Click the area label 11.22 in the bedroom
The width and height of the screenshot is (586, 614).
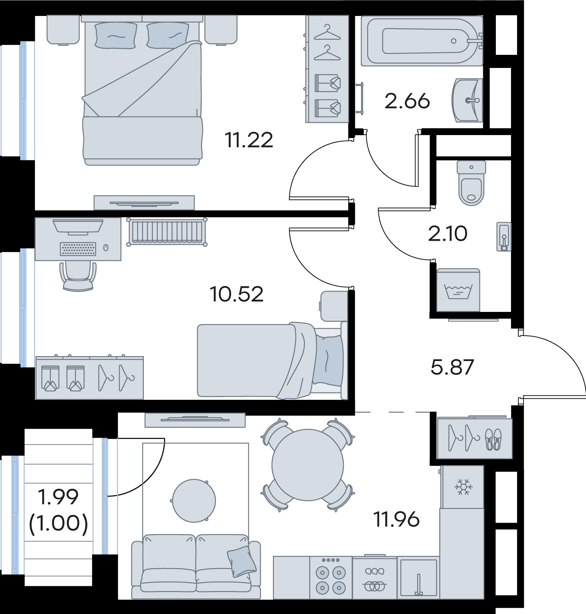tap(249, 140)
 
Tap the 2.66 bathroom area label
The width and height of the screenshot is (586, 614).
tap(407, 101)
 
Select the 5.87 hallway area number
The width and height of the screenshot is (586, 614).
tap(452, 367)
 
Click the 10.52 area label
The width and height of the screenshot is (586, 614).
tap(237, 294)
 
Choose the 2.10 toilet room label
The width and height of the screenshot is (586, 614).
tap(447, 234)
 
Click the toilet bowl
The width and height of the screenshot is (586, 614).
tap(471, 183)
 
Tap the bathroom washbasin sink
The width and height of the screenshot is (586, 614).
tap(467, 100)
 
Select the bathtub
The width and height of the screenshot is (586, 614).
tap(422, 41)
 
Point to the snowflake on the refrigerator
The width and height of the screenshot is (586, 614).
tap(463, 487)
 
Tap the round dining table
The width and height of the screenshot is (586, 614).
tap(308, 465)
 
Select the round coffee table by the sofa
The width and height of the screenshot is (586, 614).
tap(194, 501)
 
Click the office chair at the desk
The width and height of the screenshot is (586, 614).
tap(78, 276)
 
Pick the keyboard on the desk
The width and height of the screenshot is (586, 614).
tap(78, 249)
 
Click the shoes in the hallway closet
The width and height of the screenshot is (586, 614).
tap(493, 440)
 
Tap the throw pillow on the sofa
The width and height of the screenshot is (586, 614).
tap(241, 562)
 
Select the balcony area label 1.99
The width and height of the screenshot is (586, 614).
tap(58, 497)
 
